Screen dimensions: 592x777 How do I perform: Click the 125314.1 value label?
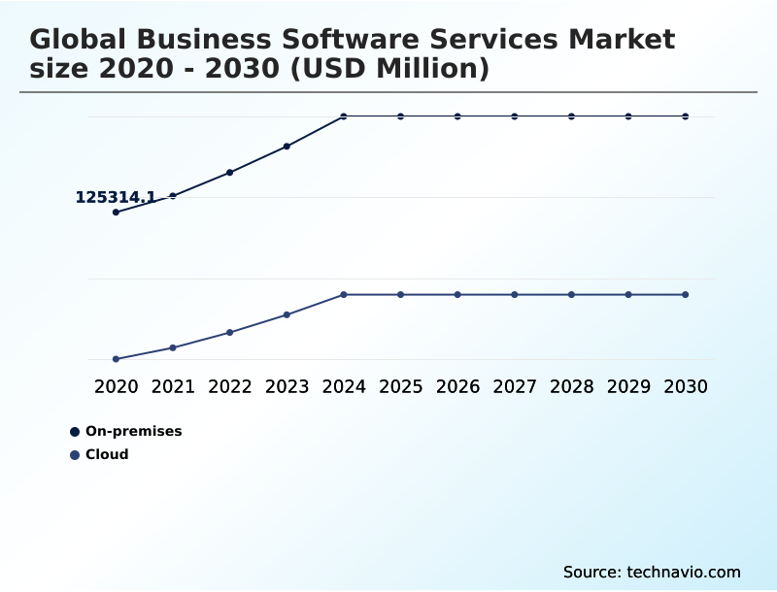tap(116, 197)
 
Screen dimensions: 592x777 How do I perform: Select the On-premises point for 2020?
tap(117, 212)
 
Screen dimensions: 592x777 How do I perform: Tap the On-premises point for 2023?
tap(287, 147)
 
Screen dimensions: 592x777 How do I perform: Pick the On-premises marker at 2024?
tap(344, 116)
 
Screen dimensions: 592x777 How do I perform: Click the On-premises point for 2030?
tap(686, 116)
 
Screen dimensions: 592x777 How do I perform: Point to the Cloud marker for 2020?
tap(117, 359)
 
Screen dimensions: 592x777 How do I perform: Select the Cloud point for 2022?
tap(230, 332)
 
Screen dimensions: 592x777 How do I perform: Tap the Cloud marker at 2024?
tap(344, 294)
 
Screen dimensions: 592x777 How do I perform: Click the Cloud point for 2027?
tap(515, 294)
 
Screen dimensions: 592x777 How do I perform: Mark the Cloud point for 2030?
tap(686, 294)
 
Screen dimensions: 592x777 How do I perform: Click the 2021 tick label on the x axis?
tap(173, 386)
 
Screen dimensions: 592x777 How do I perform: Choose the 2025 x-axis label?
tap(400, 386)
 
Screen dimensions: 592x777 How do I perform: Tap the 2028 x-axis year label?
tap(571, 386)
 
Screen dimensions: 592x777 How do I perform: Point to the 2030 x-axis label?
tap(686, 386)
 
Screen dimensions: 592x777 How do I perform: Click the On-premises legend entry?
tap(133, 431)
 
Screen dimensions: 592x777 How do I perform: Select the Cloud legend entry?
tap(107, 454)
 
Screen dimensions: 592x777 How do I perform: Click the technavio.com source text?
tap(680, 572)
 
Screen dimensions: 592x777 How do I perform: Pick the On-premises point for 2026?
tap(457, 116)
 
